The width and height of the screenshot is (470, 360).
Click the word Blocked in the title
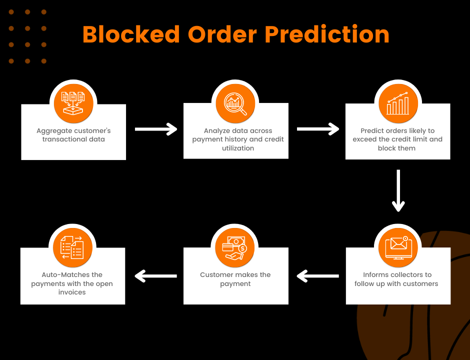[131, 34]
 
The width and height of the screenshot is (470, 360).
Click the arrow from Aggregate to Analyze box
[155, 129]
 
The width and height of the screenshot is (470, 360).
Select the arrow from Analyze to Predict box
[317, 129]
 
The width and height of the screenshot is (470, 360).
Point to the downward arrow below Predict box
[398, 190]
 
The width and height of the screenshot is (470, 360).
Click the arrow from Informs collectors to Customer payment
[317, 275]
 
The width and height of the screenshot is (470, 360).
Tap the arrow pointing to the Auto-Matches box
[155, 275]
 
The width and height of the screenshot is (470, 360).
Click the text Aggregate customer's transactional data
[73, 135]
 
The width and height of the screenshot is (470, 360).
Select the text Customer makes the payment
[235, 279]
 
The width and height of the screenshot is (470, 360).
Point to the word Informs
[376, 274]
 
